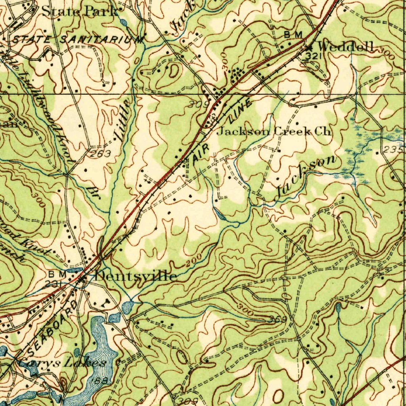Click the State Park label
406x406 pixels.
(x=80, y=11)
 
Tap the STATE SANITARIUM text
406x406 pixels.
(x=77, y=40)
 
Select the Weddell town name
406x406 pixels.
(x=346, y=47)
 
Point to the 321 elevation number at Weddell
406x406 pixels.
(x=312, y=57)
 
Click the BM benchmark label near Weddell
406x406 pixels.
(x=293, y=35)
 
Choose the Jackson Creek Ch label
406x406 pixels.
(x=274, y=131)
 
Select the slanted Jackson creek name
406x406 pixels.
(x=306, y=176)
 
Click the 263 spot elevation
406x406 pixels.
(x=99, y=154)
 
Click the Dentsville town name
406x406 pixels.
(x=135, y=276)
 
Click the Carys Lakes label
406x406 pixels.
(x=63, y=362)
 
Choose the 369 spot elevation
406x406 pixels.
(x=277, y=319)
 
